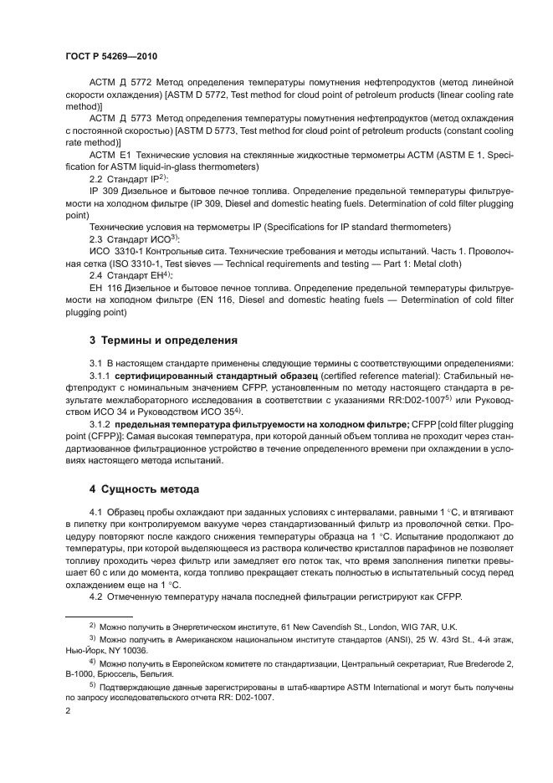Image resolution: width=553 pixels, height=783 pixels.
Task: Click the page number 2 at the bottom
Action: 68,709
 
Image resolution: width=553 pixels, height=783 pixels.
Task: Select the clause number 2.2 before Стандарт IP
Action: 97,180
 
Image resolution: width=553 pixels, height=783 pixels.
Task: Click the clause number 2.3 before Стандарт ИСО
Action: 97,238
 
